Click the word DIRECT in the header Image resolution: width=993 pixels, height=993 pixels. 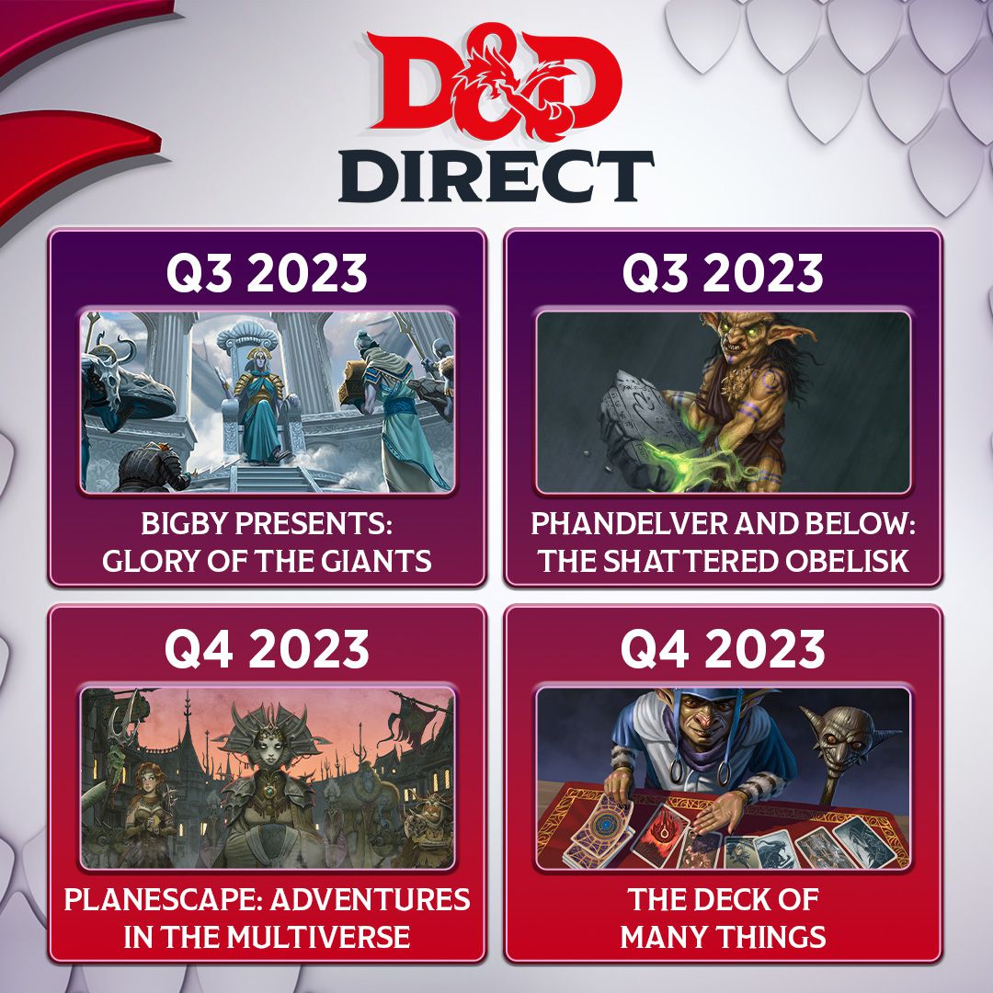coord(496,177)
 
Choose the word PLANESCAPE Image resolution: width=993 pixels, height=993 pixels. coord(163,899)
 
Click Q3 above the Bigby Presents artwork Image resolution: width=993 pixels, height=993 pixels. coord(199,274)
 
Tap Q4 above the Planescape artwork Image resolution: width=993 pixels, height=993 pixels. coord(199,649)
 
